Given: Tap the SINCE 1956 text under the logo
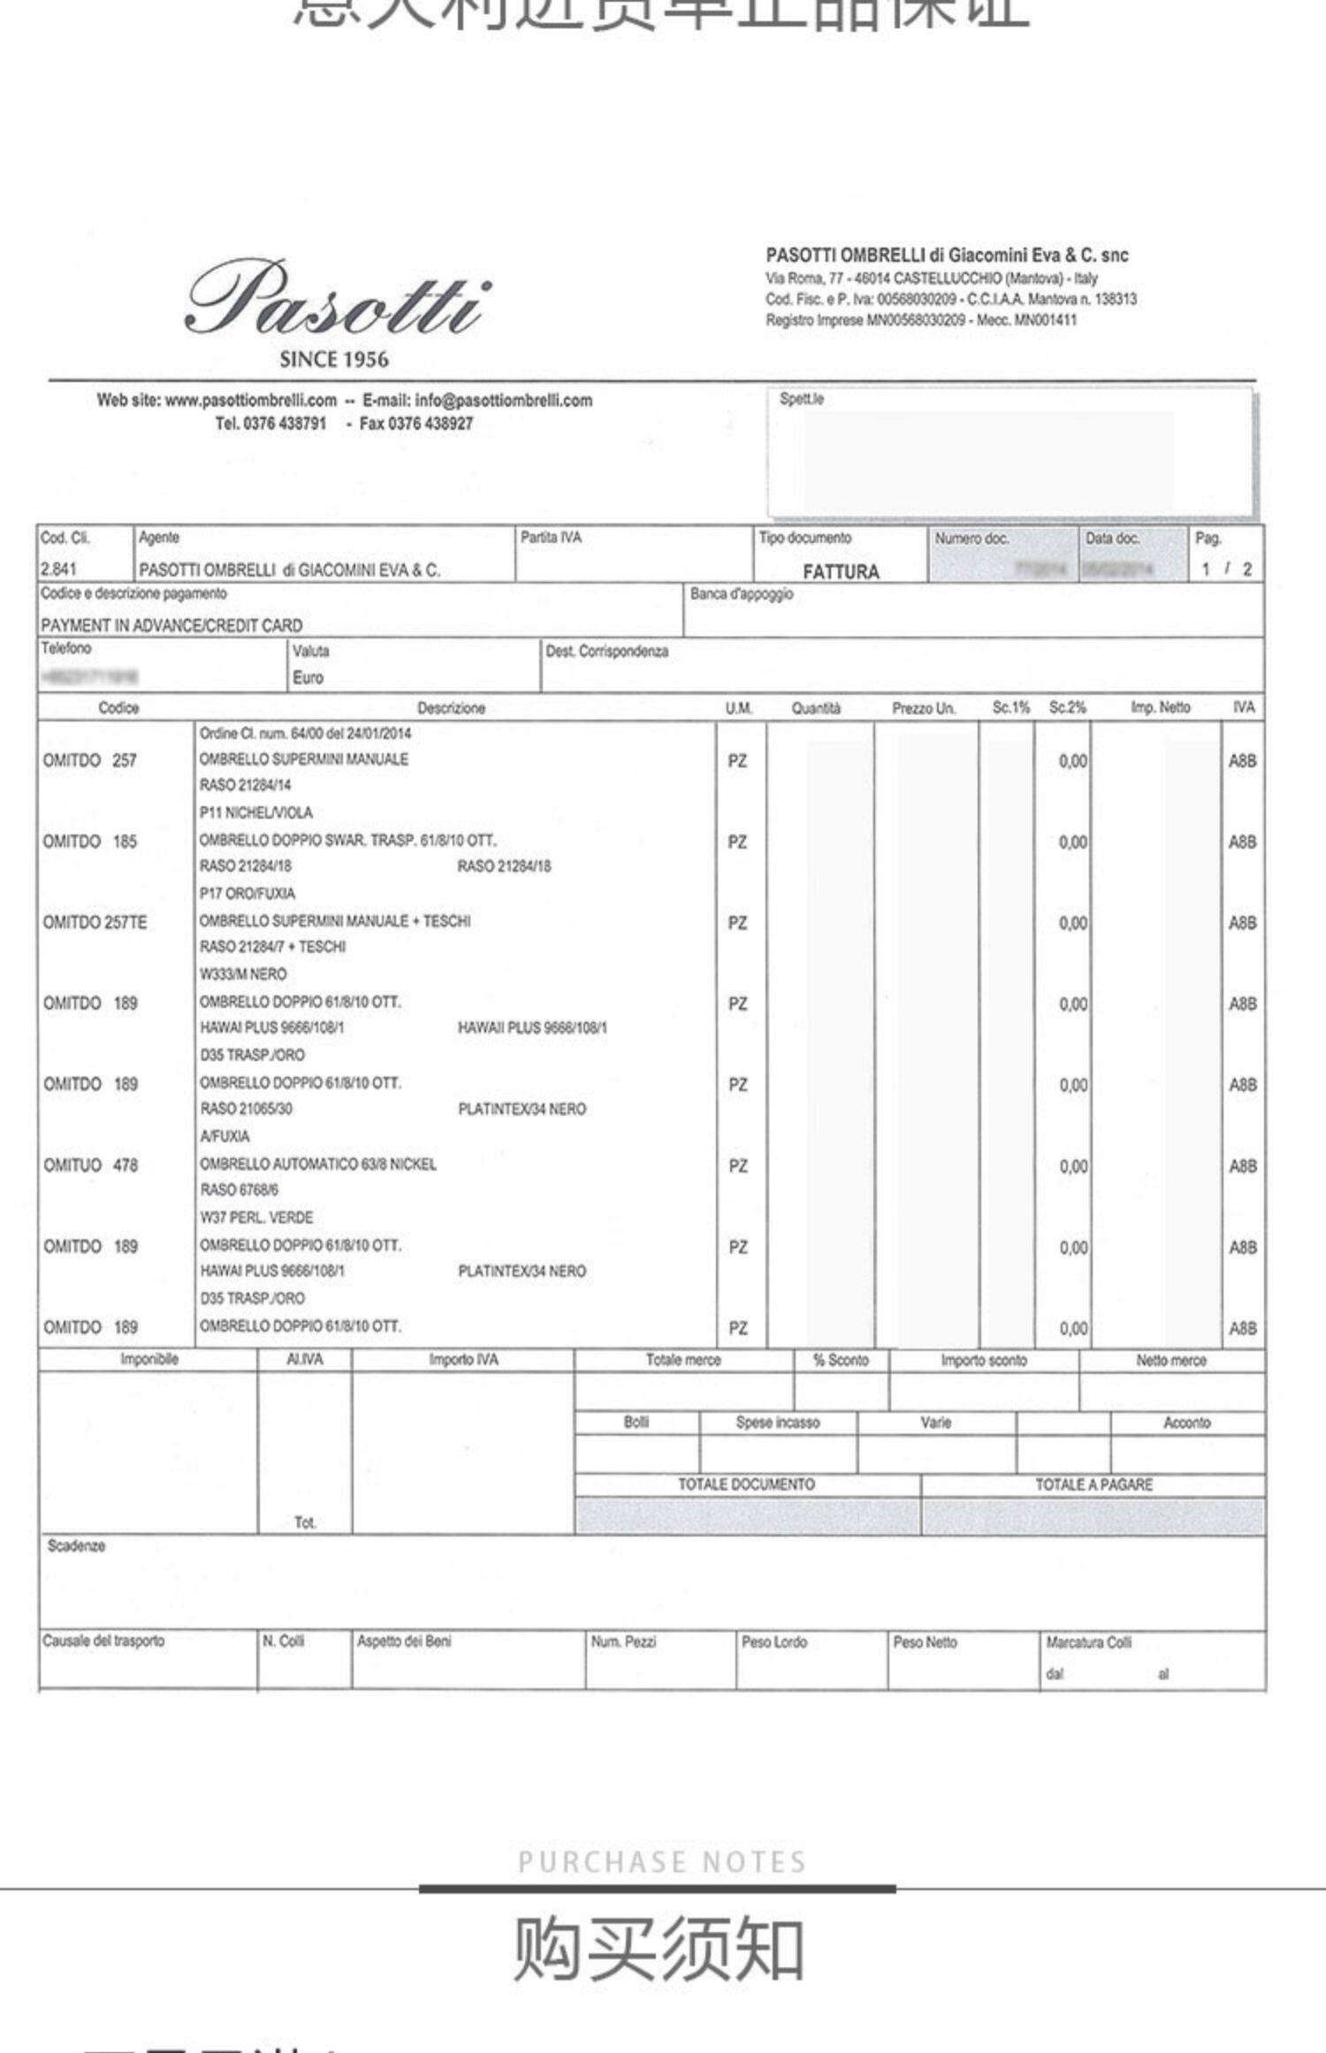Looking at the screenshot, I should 334,360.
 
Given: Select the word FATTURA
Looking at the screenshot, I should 841,572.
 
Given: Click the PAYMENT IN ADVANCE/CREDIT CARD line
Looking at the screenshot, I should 171,625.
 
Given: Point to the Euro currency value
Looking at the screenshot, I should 308,678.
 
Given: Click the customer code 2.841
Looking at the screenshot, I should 58,569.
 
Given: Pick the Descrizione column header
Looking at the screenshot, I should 451,708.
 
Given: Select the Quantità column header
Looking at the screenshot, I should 816,708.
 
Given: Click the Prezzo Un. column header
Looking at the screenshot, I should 924,708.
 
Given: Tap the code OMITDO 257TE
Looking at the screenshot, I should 95,922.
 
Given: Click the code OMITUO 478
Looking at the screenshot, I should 91,1165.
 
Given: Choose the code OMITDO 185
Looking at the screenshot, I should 90,842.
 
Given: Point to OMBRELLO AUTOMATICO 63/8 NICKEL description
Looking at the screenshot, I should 318,1164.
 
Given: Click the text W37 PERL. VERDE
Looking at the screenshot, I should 256,1217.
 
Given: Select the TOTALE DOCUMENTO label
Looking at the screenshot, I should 746,1484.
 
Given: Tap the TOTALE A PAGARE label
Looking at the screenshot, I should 1094,1484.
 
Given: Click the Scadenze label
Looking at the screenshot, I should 76,1545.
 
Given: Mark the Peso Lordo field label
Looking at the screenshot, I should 773,1642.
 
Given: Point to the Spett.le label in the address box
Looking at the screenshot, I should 801,399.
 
